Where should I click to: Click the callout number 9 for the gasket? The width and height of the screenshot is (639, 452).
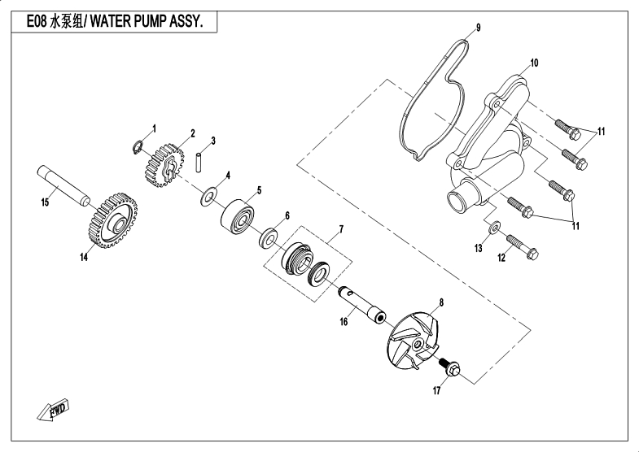478,28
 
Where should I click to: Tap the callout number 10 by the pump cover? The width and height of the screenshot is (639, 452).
535,63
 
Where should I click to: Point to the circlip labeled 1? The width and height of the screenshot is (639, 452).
138,146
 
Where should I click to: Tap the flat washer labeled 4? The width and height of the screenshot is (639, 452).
211,195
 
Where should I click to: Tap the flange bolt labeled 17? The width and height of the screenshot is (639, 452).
451,369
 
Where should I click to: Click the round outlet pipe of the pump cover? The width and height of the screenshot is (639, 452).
462,200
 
